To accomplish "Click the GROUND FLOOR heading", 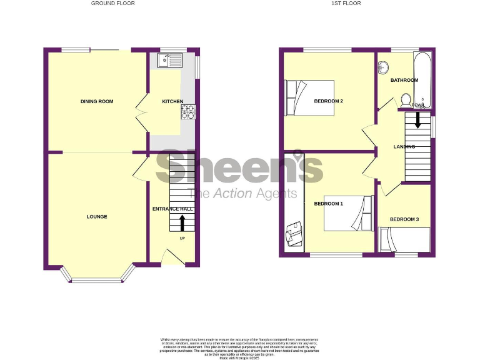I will [112, 3].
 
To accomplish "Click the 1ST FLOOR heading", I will [346, 3].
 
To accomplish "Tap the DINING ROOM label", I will [97, 101].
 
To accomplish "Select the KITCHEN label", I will [173, 101].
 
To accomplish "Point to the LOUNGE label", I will [97, 217].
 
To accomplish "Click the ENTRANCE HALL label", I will [173, 209].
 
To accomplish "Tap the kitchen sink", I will [169, 60].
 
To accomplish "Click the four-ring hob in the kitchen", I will [188, 111].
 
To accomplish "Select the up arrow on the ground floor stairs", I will [182, 222].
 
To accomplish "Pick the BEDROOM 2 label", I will [329, 101].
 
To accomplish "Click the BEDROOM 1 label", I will [329, 204].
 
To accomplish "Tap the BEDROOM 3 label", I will [404, 219].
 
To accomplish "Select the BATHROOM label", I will [404, 81].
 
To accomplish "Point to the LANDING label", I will [404, 147].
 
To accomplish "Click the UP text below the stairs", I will [182, 239].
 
